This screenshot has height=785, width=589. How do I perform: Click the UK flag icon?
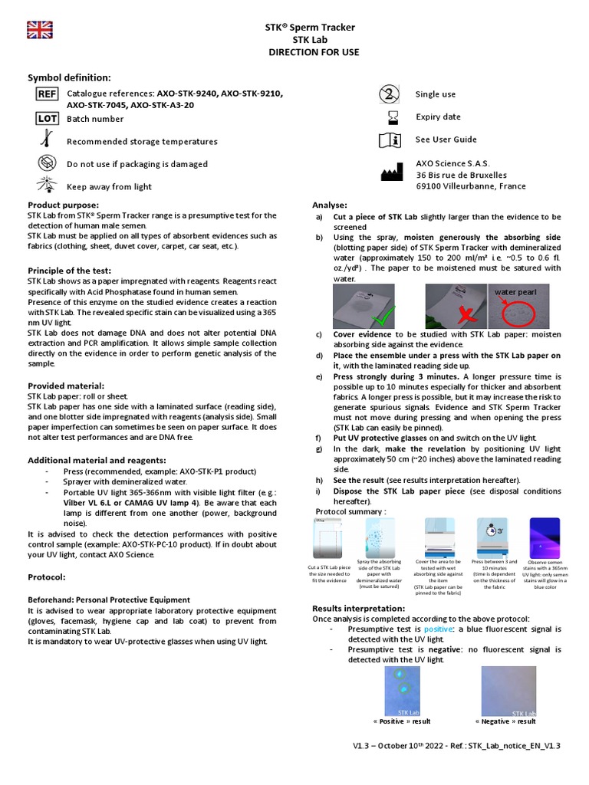39,30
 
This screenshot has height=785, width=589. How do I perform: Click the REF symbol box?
47,94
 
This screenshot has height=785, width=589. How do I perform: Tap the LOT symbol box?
47,118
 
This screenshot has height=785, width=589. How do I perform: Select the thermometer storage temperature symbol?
47,140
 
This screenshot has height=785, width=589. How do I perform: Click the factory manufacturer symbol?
391,173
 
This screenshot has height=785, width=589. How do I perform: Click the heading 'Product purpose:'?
64,205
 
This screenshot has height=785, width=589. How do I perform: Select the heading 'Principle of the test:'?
70,271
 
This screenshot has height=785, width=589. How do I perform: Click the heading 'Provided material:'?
66,386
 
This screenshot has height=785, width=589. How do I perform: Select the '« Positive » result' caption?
401,721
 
